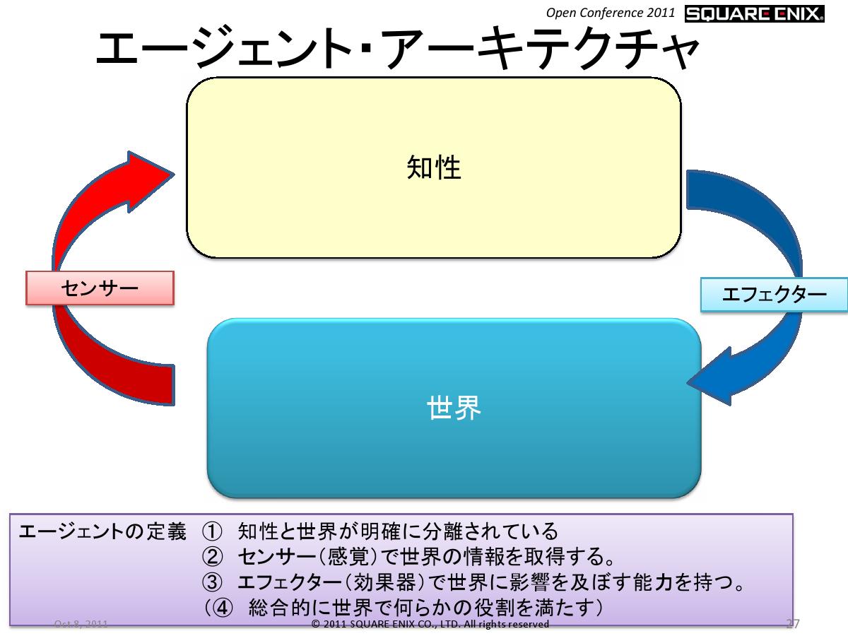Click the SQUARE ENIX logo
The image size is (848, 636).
[754, 13]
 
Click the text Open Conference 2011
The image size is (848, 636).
[611, 13]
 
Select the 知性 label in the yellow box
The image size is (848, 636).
[433, 168]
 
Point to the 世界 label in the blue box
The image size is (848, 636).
[454, 408]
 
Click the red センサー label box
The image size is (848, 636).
[100, 288]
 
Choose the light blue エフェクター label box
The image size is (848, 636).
[774, 295]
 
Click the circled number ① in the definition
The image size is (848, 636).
[212, 531]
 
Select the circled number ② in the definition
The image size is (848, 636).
[212, 557]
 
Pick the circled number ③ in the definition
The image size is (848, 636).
[212, 582]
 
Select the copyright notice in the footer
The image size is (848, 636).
[430, 625]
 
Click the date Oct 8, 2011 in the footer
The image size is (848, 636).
[81, 625]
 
